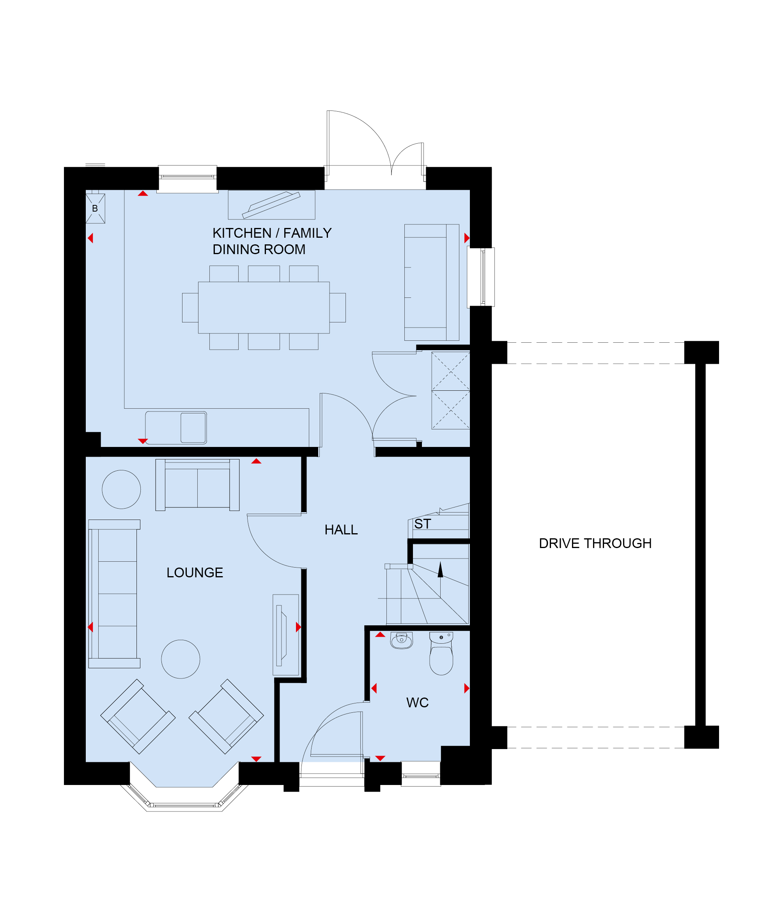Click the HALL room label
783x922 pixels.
tap(341, 530)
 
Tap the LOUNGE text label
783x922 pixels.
tap(195, 572)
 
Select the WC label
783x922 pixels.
tap(417, 703)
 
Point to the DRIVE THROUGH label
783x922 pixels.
tap(595, 543)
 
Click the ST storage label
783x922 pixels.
tap(422, 524)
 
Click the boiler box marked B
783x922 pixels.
tap(95, 208)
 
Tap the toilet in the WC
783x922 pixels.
tap(441, 653)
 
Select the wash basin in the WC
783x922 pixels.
tap(401, 640)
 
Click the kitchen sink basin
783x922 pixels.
tap(193, 427)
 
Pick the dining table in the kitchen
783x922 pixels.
tap(264, 308)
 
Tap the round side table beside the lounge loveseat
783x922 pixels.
tap(121, 489)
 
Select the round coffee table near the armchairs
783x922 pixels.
tap(180, 659)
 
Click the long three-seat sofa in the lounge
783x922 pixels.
tap(114, 594)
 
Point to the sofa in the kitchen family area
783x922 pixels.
tap(431, 283)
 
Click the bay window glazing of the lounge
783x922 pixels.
tap(184, 805)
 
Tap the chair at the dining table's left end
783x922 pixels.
tap(190, 308)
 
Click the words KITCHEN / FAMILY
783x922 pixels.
tap(272, 233)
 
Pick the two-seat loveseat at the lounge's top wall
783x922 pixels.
tap(197, 485)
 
